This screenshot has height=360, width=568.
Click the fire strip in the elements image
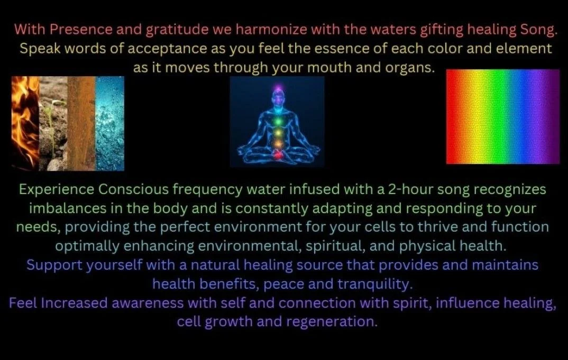coord(25,123)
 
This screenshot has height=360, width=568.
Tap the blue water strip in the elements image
coord(110,123)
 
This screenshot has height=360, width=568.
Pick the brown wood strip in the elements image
coord(81,123)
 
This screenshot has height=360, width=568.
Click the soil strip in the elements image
coord(53,123)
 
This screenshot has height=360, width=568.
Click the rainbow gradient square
coord(502,117)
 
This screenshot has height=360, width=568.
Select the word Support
coord(51,265)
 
